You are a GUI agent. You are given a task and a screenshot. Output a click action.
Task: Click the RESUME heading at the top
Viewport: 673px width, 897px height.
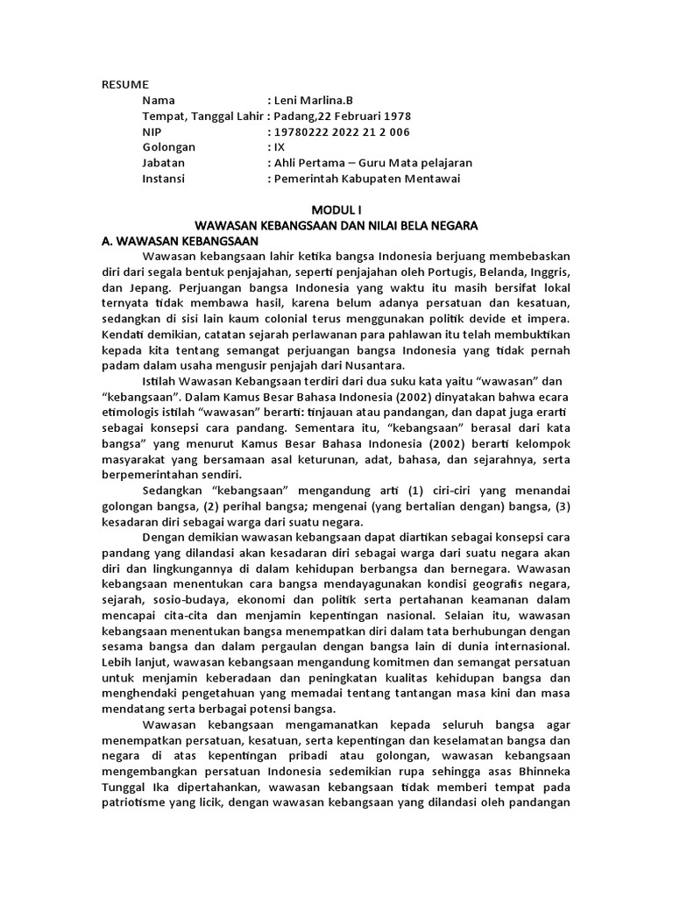(x=125, y=84)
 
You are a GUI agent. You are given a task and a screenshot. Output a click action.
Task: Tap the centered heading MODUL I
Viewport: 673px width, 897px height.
(x=336, y=209)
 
